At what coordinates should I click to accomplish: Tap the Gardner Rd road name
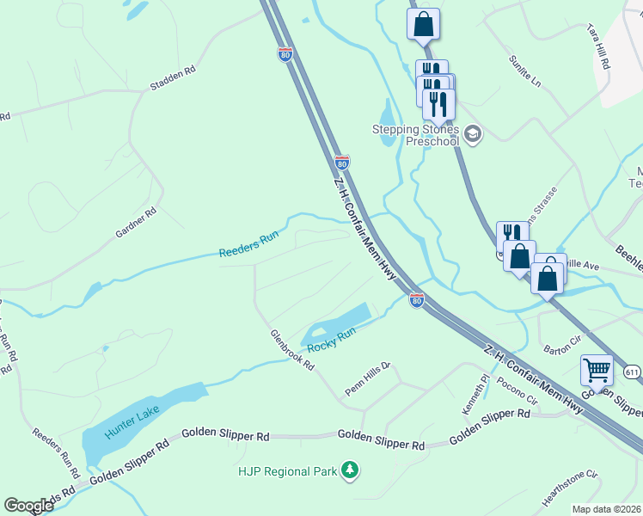pyautogui.click(x=137, y=223)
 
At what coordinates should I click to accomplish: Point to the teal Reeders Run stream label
pyautogui.click(x=248, y=247)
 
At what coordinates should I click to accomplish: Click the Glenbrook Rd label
pyautogui.click(x=291, y=350)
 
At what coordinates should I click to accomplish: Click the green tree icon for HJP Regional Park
pyautogui.click(x=350, y=470)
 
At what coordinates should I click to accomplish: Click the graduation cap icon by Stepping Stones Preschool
pyautogui.click(x=473, y=133)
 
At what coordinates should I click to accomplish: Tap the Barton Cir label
pyautogui.click(x=564, y=347)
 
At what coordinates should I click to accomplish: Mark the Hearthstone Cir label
pyautogui.click(x=569, y=488)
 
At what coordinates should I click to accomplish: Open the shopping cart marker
pyautogui.click(x=597, y=371)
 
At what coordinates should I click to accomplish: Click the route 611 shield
pyautogui.click(x=633, y=372)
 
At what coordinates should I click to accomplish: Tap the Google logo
pyautogui.click(x=28, y=506)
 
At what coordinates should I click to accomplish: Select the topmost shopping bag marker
pyautogui.click(x=423, y=25)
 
